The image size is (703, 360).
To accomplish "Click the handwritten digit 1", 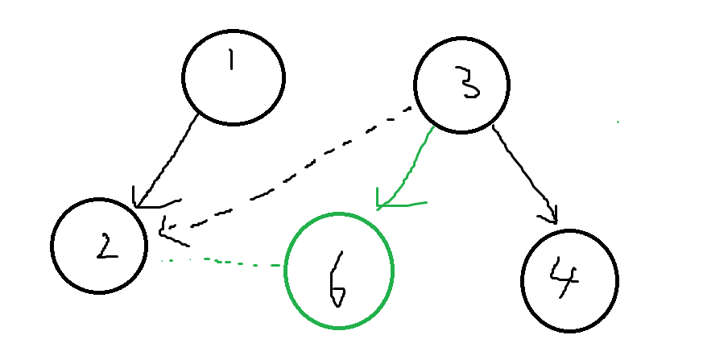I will pos(230,62).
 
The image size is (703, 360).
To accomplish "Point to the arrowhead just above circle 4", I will pos(552,216).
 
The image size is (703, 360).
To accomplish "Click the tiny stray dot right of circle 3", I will pos(618,122).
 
